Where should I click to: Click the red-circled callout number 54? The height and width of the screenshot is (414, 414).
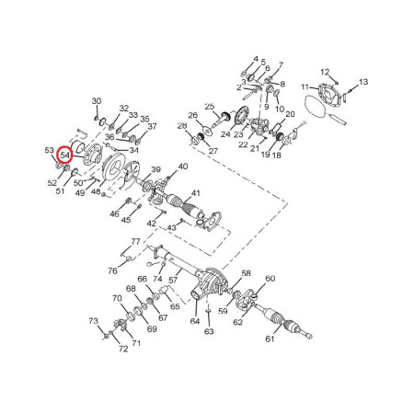pos(65,155)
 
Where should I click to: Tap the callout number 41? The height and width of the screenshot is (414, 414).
pos(196,193)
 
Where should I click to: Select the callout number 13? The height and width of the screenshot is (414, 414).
pos(363,82)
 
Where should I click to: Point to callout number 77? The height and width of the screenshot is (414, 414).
pos(135,242)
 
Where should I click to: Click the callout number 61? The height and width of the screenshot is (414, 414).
pos(270,339)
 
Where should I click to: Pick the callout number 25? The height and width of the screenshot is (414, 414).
pos(210,107)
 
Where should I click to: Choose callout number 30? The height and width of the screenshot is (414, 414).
pos(97,101)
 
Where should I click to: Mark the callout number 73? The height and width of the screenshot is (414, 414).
pos(94,321)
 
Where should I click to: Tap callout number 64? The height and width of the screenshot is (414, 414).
pos(195,321)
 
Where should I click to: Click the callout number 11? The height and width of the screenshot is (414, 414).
pos(305,87)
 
